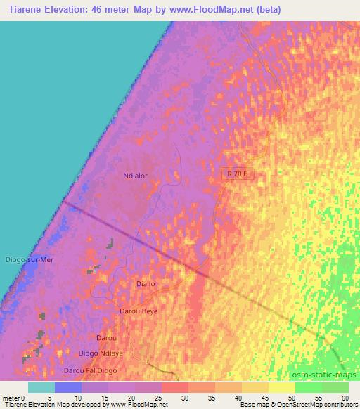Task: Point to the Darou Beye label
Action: (x=139, y=311)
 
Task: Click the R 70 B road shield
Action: (x=236, y=173)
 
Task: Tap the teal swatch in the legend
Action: (x=41, y=387)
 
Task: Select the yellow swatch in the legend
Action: (x=282, y=387)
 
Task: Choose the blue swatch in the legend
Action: (x=67, y=387)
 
